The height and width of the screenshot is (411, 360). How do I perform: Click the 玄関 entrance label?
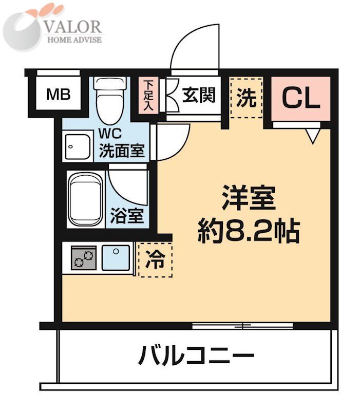tap(198, 95)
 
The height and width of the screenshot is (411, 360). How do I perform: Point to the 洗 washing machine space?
tap(246, 98)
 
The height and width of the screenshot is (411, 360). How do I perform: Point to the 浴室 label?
tap(127, 216)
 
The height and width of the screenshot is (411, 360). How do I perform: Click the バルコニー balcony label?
tap(196, 356)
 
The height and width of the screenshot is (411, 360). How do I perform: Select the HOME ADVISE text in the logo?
tap(74, 40)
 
